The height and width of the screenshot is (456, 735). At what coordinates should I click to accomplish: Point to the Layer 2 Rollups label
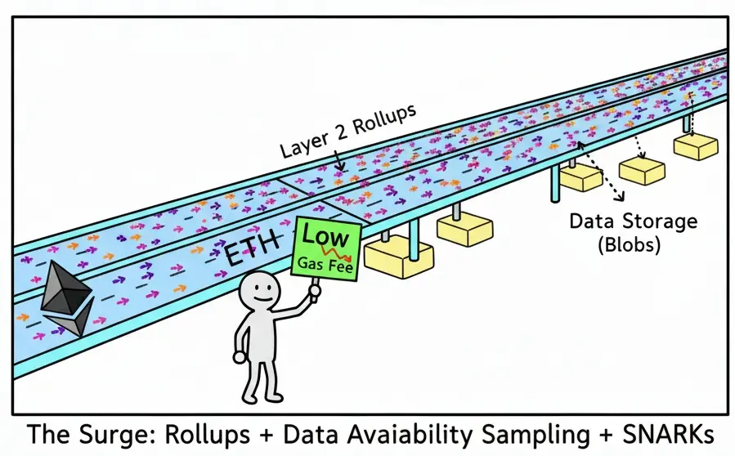(347, 131)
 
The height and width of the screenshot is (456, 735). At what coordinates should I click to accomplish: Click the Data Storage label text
(633, 221)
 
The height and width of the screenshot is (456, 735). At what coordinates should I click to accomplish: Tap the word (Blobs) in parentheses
(634, 244)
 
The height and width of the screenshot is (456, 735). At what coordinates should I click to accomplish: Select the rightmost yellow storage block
(695, 145)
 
